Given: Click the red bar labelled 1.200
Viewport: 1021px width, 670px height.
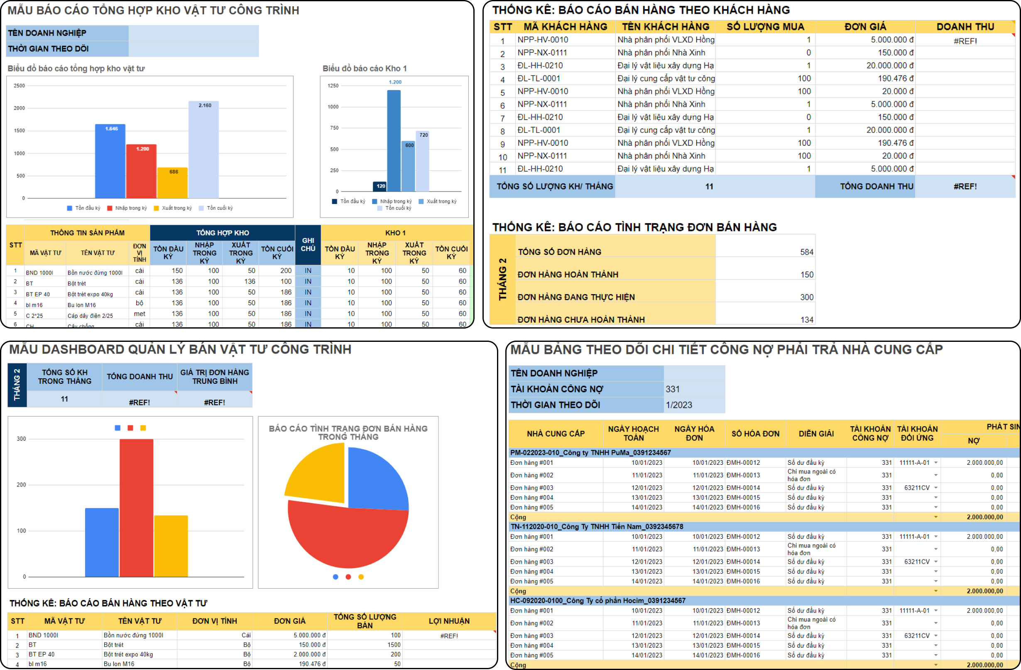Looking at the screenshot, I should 141,172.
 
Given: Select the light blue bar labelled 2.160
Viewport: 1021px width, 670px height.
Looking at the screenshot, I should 203,150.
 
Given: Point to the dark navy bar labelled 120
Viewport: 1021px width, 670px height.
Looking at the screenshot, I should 380,186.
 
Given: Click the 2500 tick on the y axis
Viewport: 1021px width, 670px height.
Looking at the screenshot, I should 19,86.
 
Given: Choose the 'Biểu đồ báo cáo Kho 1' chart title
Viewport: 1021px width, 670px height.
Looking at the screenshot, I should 365,69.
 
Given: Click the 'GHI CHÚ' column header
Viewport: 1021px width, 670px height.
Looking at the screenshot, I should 308,245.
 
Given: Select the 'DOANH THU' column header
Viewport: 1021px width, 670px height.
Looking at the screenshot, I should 965,27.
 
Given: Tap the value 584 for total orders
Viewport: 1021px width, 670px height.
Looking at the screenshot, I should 806,253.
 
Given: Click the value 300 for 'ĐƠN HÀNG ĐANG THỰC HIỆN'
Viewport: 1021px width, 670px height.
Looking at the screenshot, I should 806,297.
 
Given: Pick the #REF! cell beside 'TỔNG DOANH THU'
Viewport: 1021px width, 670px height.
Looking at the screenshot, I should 965,187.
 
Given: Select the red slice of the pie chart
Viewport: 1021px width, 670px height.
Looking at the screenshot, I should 348,537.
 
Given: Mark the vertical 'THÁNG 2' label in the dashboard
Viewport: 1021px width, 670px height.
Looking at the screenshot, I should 17,385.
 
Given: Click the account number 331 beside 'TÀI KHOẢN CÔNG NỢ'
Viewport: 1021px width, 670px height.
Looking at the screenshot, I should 673,389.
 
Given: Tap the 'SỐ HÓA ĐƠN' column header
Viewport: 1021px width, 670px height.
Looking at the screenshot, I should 755,434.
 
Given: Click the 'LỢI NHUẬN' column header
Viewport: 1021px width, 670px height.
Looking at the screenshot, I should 449,621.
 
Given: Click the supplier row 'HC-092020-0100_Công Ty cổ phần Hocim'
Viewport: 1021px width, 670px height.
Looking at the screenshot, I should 597,601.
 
